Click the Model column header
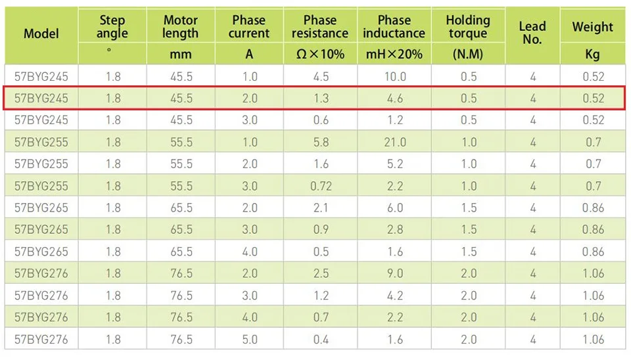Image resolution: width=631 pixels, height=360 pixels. point(41,34)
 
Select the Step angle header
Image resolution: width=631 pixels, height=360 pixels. point(112,26)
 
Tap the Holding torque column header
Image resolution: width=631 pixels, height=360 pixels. point(468,26)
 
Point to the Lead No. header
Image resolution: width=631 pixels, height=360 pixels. point(532,33)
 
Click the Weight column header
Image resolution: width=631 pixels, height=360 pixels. point(593,27)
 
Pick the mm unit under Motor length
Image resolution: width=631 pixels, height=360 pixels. point(180,55)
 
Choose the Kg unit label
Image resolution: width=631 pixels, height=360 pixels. point(593,55)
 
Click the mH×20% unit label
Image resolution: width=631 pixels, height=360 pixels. point(394,54)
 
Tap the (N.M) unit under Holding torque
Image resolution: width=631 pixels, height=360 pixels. point(468,54)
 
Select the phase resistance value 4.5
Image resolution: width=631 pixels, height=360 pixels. point(321,76)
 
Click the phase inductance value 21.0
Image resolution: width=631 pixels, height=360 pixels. point(395,142)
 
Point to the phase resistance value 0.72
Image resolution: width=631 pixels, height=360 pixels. point(321,186)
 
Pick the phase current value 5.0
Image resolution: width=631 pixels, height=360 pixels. point(250,339)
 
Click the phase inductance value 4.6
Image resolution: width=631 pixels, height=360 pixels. point(395,98)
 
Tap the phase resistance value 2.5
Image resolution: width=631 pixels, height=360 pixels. point(321,273)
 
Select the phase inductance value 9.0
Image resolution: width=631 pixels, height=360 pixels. point(395,273)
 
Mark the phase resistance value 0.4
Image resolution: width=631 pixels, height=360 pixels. point(321,339)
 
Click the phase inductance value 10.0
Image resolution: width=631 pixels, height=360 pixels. point(395,76)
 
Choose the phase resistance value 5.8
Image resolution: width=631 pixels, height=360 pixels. point(321,142)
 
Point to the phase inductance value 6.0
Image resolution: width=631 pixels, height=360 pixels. point(395,208)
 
